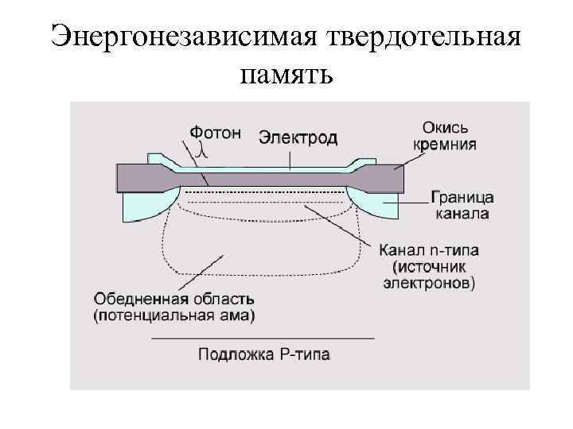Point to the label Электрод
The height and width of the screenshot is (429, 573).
click(x=298, y=137)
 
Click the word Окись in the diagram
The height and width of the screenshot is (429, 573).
click(x=445, y=128)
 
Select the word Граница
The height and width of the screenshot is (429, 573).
click(x=462, y=198)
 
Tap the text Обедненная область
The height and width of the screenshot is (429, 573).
click(x=173, y=300)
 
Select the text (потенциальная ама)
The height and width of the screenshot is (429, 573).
click(x=173, y=316)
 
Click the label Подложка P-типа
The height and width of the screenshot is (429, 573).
click(x=263, y=354)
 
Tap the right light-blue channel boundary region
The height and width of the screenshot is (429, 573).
click(x=380, y=204)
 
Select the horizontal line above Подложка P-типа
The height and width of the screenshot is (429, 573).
click(x=263, y=339)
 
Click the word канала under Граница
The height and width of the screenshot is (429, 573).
click(x=462, y=214)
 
